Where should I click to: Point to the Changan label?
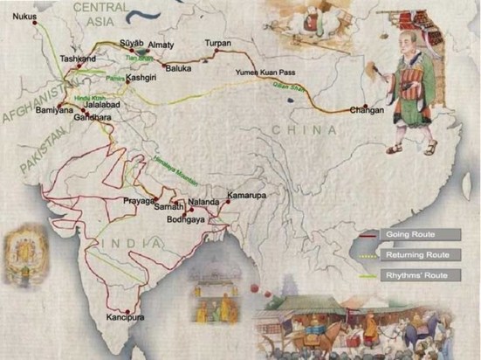pos(366,111)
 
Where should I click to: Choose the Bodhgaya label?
pos(185,220)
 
